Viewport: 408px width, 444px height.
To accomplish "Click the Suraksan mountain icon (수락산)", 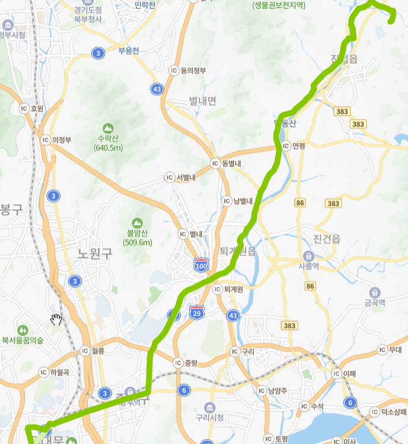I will click(x=107, y=128).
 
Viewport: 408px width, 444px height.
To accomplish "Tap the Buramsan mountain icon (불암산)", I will click(x=137, y=223).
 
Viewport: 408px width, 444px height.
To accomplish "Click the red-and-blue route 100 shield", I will click(x=201, y=265).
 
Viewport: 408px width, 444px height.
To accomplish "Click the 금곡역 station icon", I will click(x=375, y=292).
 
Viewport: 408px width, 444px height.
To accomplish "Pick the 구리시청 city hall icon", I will click(x=209, y=406).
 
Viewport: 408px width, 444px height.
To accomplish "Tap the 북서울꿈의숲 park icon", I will click(x=23, y=330).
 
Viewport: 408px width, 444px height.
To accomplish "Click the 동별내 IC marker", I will click(x=215, y=164).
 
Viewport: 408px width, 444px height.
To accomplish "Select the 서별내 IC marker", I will click(x=169, y=177).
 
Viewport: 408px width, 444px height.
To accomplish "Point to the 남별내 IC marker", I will click(x=227, y=201).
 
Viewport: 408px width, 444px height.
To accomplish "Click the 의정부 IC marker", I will click(x=45, y=139).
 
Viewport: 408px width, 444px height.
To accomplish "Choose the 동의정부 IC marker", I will click(x=173, y=71).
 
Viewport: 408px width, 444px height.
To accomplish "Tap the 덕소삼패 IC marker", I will click(x=374, y=412).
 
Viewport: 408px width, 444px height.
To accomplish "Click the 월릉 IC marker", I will click(x=85, y=350).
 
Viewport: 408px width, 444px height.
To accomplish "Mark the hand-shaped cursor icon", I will click(x=56, y=320).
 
